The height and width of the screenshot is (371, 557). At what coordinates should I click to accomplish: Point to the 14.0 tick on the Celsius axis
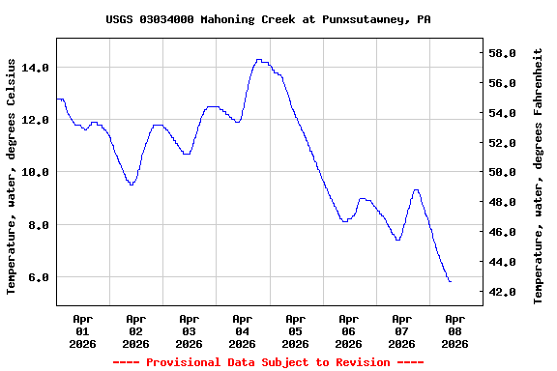35,68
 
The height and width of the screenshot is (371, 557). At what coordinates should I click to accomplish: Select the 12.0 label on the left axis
35,120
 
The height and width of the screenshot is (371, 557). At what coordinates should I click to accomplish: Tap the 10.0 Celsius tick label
35,172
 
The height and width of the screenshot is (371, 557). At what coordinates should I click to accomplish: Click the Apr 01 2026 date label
83,329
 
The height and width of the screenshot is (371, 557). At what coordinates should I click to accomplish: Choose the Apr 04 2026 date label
243,329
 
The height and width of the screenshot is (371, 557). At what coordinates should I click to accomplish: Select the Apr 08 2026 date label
454,329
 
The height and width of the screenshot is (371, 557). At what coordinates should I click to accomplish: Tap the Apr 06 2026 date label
348,329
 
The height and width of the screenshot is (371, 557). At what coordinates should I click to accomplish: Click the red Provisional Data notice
268,362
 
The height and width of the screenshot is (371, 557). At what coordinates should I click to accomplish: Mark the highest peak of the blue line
258,60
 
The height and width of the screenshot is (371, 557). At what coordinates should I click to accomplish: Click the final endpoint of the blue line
450,281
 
